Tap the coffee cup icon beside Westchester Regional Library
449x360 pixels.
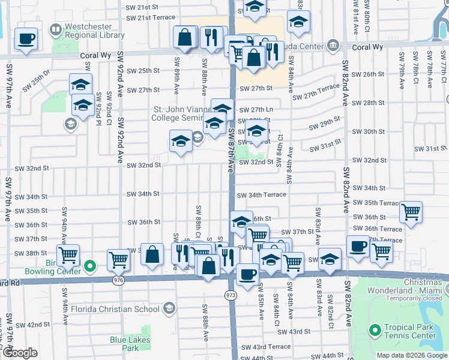pyautogui.click(x=26, y=40)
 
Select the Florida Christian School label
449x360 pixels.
pyautogui.click(x=118, y=310)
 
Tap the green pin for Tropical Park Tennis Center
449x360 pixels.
pyautogui.click(x=376, y=331)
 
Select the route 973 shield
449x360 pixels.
pyautogui.click(x=231, y=296)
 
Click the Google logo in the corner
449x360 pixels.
pyautogui.click(x=19, y=353)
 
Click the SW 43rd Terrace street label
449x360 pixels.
pyautogui.click(x=265, y=347)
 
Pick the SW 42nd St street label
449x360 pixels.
pyautogui.click(x=31, y=325)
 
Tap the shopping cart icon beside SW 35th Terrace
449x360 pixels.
pyautogui.click(x=411, y=211)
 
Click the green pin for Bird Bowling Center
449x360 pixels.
pyautogui.click(x=90, y=265)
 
